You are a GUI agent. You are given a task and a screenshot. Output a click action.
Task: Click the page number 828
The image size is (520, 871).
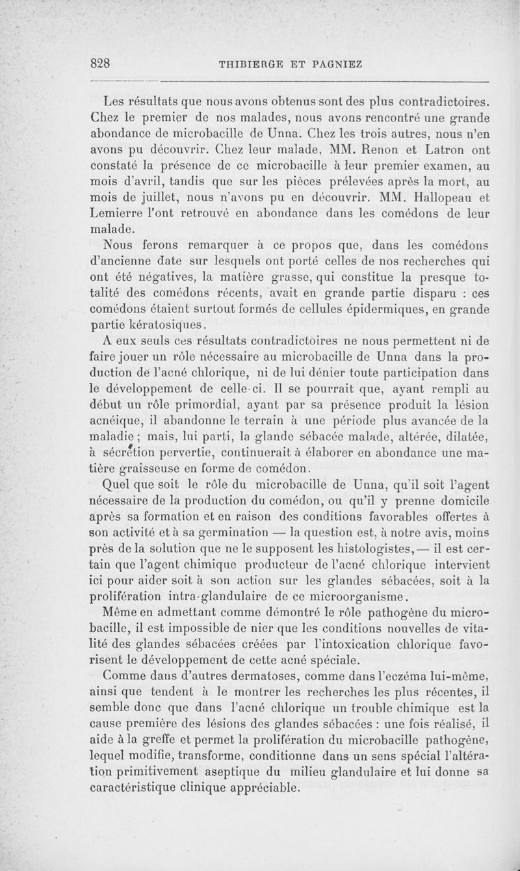(x=101, y=63)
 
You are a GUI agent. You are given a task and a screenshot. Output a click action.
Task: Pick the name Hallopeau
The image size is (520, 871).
(x=437, y=197)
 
